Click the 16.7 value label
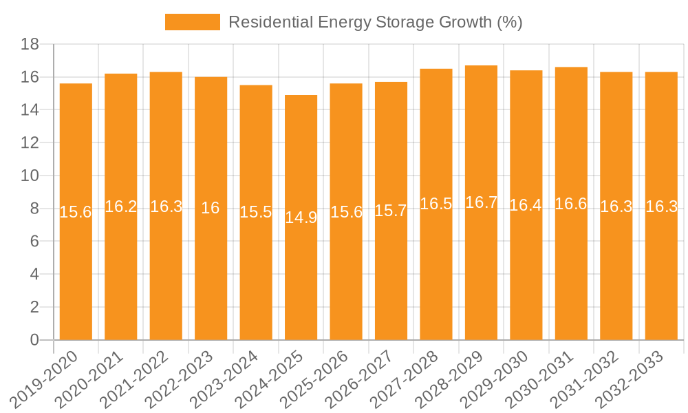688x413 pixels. (481, 202)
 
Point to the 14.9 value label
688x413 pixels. (301, 218)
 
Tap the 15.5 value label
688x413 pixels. (256, 212)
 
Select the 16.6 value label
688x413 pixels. (571, 204)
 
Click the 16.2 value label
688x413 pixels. (121, 206)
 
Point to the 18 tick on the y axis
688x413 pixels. (30, 44)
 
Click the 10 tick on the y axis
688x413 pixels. (30, 176)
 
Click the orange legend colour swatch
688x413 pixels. (192, 22)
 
